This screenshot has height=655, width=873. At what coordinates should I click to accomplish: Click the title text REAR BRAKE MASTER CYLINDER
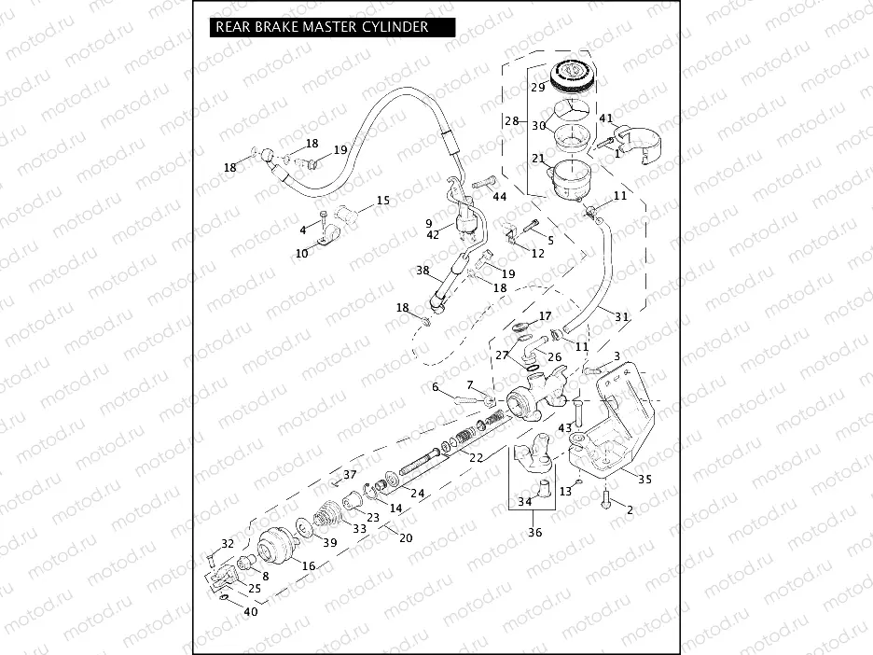pos(322,27)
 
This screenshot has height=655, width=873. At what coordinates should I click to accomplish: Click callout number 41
pos(605,118)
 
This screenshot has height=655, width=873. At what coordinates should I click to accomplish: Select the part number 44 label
pos(500,197)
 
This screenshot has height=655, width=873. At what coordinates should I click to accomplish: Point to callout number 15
pos(383,201)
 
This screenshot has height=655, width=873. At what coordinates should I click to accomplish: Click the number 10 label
pos(301,253)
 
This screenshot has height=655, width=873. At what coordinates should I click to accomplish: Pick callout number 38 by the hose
pos(423,271)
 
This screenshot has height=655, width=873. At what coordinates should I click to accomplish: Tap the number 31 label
pos(621,316)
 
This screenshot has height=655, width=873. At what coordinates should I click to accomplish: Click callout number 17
pos(545,316)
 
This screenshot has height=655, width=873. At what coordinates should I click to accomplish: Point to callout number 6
pos(435,387)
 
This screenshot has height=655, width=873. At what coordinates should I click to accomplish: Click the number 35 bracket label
pos(643,478)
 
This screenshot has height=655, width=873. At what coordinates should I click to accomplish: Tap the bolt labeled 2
pos(607,500)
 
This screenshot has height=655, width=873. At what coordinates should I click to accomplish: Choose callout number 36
pos(534,533)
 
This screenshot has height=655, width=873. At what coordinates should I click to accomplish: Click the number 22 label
pos(476,457)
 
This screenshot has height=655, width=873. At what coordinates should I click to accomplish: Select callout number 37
pos(350,475)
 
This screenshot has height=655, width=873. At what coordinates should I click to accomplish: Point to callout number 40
pos(250,612)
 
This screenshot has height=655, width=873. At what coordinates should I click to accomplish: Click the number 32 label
pos(228,544)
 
